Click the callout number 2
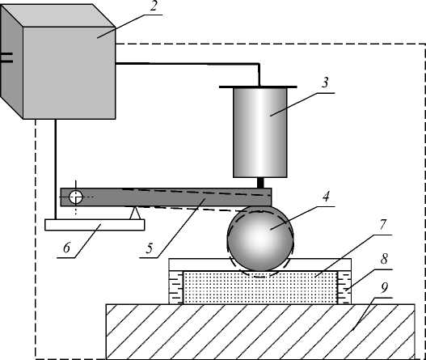pyautogui.click(x=154, y=6)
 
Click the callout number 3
pyautogui.click(x=325, y=83)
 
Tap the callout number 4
pyautogui.click(x=326, y=197)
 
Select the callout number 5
pyautogui.click(x=150, y=248)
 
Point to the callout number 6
pyautogui.click(x=67, y=248)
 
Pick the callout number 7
pyautogui.click(x=382, y=225)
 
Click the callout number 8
pyautogui.click(x=384, y=259)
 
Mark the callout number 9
pyautogui.click(x=384, y=288)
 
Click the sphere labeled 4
pyautogui.click(x=260, y=239)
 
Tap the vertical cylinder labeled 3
pyautogui.click(x=260, y=133)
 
